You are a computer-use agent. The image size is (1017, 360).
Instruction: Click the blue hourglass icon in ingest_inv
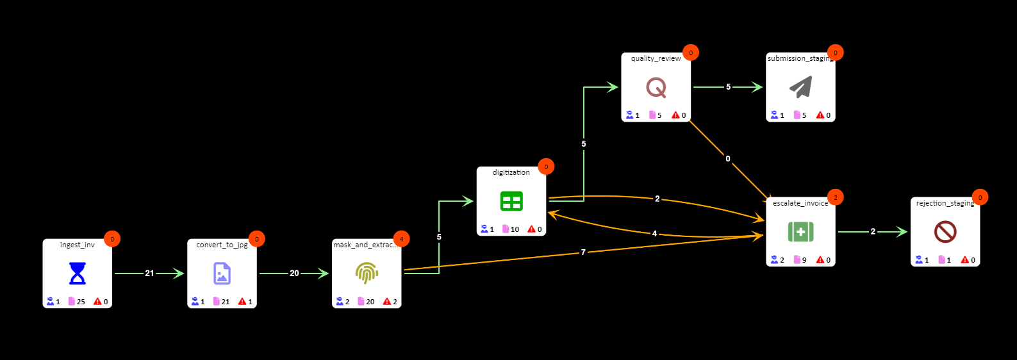tap(77, 274)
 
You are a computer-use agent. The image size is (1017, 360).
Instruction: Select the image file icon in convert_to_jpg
tap(222, 274)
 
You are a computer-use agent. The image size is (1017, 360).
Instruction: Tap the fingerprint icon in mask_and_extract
tap(367, 274)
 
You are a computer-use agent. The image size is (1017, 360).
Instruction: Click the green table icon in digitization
tap(511, 201)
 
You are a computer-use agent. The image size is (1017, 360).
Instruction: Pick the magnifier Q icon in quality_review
tap(656, 87)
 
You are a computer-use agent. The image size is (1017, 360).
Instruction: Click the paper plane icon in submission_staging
tap(800, 87)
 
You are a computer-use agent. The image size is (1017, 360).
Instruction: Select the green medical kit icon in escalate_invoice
tap(800, 232)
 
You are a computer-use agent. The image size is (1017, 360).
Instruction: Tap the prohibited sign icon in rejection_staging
tap(945, 232)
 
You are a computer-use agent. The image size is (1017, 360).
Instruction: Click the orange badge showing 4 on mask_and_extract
tap(401, 239)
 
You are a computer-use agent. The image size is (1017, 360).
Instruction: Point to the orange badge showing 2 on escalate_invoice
tap(835, 197)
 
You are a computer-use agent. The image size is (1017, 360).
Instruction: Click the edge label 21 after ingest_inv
tap(149, 274)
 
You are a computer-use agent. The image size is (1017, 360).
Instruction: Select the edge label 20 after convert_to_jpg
tap(294, 274)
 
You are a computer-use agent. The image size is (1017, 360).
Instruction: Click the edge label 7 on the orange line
tap(583, 252)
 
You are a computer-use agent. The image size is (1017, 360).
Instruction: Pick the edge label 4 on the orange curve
tap(654, 234)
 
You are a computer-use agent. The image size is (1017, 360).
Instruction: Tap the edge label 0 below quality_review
tap(728, 159)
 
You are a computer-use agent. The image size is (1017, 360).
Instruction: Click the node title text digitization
tap(511, 172)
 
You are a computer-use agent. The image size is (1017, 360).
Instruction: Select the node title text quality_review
tap(656, 58)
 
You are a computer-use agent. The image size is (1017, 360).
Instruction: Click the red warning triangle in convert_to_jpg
tap(242, 302)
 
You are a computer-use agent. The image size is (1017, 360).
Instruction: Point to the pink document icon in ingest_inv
tap(72, 302)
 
